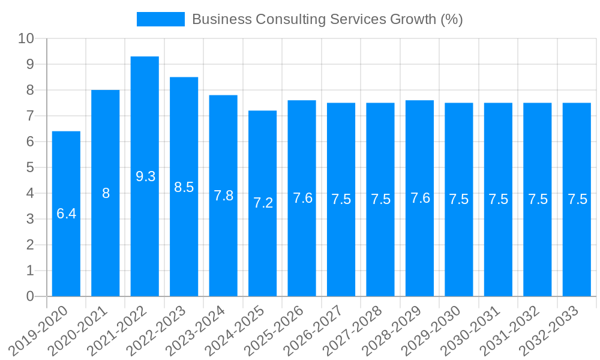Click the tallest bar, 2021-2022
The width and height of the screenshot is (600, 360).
(145, 240)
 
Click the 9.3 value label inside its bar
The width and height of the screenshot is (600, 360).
(146, 176)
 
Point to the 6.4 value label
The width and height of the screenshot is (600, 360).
(66, 214)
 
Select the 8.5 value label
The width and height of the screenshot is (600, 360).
(184, 187)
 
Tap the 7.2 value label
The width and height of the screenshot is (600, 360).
(263, 203)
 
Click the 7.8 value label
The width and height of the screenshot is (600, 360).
(223, 196)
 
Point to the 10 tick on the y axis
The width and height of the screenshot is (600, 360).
(26, 38)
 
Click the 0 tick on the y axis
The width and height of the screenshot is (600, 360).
(30, 296)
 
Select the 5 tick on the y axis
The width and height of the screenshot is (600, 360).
(30, 167)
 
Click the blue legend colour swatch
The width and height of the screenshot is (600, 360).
(161, 19)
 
